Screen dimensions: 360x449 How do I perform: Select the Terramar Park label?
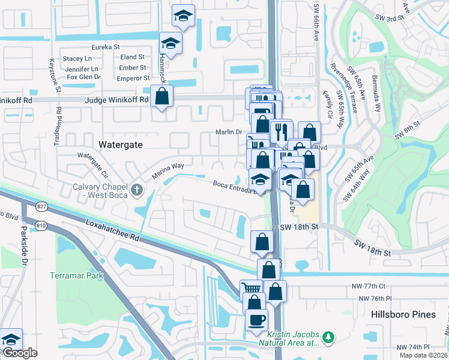(76, 275)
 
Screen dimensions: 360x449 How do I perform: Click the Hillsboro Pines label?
(397, 314)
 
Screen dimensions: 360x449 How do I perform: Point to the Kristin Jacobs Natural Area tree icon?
(328, 337)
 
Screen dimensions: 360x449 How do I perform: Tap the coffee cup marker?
(256, 319)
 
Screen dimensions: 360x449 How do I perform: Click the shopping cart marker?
(251, 289)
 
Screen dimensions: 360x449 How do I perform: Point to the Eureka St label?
(106, 47)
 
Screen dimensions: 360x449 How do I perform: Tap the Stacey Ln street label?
(77, 59)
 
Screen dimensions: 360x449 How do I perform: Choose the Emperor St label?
(133, 78)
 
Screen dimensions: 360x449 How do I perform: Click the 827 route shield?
(41, 206)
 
